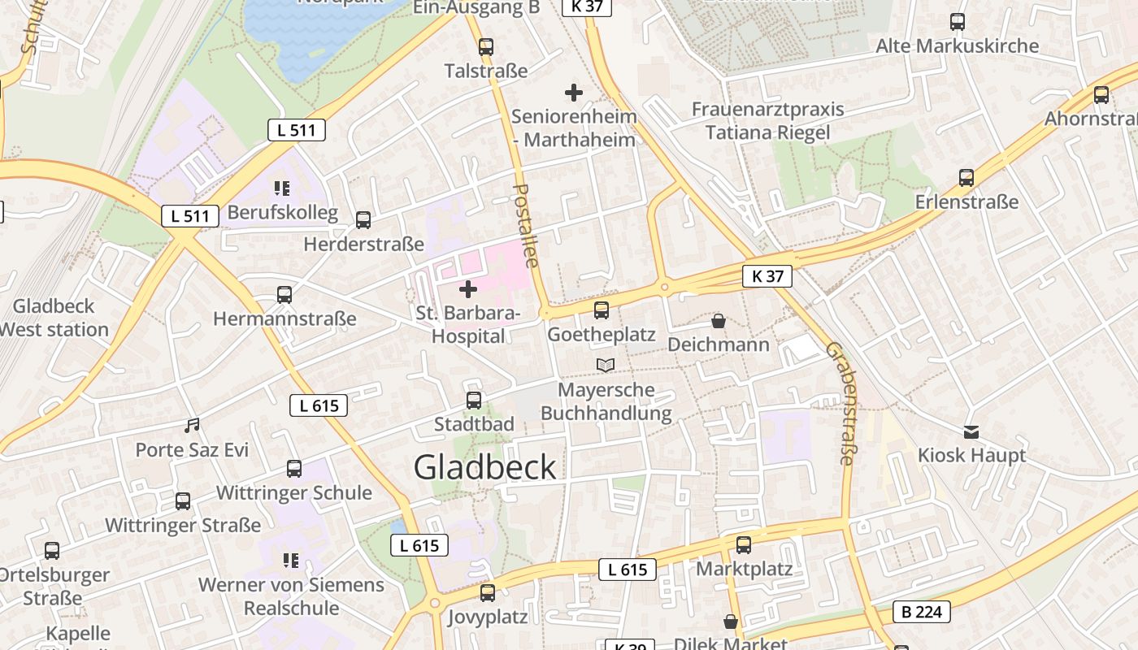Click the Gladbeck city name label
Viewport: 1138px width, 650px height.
click(x=485, y=467)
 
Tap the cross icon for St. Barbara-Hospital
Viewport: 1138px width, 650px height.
click(x=468, y=288)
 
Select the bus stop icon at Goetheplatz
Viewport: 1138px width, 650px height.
click(x=601, y=310)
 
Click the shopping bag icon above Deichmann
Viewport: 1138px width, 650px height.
click(x=718, y=321)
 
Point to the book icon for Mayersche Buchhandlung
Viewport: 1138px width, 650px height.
click(x=606, y=366)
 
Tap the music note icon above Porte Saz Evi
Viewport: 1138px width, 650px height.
click(x=192, y=425)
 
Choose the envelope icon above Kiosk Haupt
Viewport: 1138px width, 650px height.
click(x=971, y=431)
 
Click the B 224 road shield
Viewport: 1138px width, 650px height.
click(x=922, y=612)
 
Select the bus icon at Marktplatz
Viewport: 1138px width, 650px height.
click(x=743, y=545)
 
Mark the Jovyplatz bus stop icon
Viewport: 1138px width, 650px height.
click(x=487, y=593)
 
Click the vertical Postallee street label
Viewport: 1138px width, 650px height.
click(x=526, y=225)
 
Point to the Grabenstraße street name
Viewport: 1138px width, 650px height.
click(x=840, y=403)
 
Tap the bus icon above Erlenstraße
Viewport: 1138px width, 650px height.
click(x=966, y=177)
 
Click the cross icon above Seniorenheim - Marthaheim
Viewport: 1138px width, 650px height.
click(x=574, y=93)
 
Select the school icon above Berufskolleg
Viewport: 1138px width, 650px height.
click(x=282, y=188)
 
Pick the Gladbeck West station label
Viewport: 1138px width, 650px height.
click(x=54, y=318)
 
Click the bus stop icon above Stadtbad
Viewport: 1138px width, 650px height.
click(x=473, y=400)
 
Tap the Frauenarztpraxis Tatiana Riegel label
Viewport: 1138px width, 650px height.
click(x=767, y=120)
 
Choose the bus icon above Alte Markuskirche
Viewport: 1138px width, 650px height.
click(x=957, y=22)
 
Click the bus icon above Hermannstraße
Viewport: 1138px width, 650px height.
click(x=284, y=294)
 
